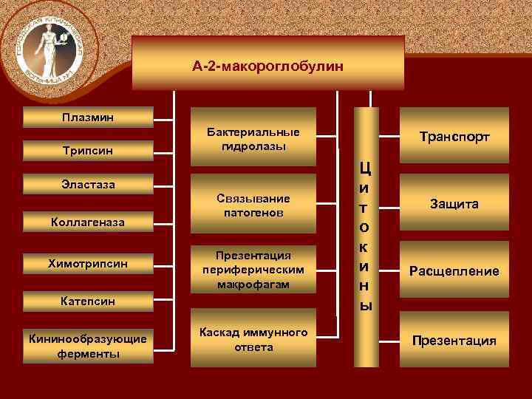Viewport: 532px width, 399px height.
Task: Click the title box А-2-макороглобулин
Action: pyautogui.click(x=268, y=66)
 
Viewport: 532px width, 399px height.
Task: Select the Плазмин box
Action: pyautogui.click(x=88, y=117)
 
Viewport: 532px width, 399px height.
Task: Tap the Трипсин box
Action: pyautogui.click(x=88, y=151)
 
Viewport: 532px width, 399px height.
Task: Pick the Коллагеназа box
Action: pyautogui.click(x=88, y=221)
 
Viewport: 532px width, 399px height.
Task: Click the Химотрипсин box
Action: pyautogui.click(x=88, y=263)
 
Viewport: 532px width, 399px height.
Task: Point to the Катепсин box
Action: pyautogui.click(x=88, y=301)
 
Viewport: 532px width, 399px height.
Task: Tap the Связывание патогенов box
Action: pyautogui.click(x=253, y=205)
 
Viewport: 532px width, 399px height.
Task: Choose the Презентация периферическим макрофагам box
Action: pyautogui.click(x=253, y=269)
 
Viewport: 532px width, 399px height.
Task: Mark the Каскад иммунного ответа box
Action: pyautogui.click(x=253, y=341)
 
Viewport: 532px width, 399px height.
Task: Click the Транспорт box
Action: pyautogui.click(x=454, y=137)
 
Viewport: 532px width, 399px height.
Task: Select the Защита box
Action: pyautogui.click(x=454, y=203)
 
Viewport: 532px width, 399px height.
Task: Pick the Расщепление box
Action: pyautogui.click(x=454, y=271)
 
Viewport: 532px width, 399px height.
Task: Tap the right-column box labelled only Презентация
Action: pyautogui.click(x=454, y=341)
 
